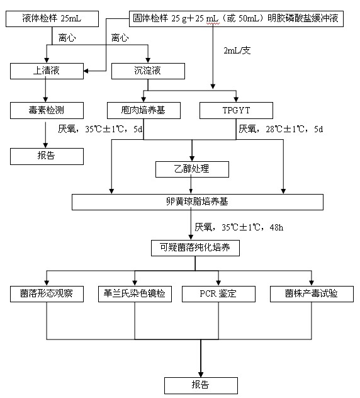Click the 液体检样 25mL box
tap(52, 19)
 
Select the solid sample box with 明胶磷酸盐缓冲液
tap(236, 19)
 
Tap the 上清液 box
tap(47, 71)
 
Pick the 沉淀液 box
tap(148, 71)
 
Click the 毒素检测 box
tap(47, 110)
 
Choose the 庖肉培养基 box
tap(143, 110)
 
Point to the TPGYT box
tap(236, 110)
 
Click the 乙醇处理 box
tap(192, 169)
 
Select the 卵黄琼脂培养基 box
tap(198, 202)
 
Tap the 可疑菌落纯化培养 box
tap(195, 247)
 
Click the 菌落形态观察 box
tap(47, 294)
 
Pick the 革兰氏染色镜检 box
tap(135, 294)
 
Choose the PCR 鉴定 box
tap(218, 294)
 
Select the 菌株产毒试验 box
tap(312, 294)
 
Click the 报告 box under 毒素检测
tap(47, 156)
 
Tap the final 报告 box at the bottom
tap(201, 385)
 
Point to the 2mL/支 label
tap(237, 50)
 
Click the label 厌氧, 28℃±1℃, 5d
tap(281, 129)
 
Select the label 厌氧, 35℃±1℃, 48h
tap(239, 227)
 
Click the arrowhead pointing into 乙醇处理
tap(192, 159)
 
